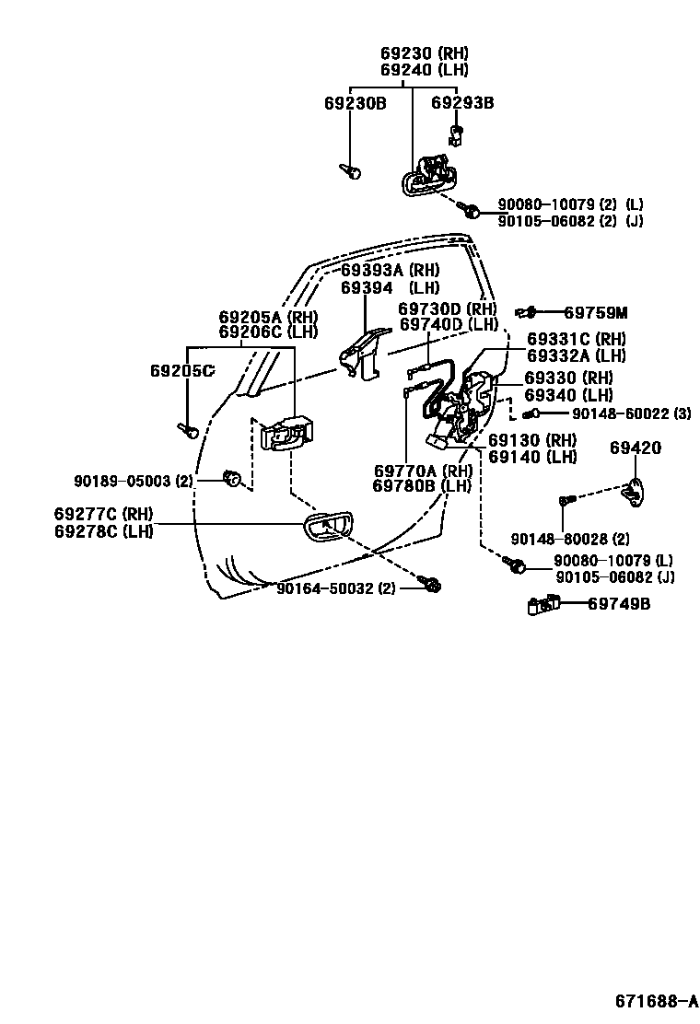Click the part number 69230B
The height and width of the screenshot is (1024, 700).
coord(355,103)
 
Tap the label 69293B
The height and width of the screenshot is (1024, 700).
coord(462,103)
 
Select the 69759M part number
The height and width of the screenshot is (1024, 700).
coord(595,312)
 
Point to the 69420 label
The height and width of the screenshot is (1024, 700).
coord(636,448)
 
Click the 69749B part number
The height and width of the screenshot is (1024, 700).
coord(619,604)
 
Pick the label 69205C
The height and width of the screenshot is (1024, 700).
coord(182,371)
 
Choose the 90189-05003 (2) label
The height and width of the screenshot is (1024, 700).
coord(134,480)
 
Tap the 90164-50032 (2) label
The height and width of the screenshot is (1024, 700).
coord(336,588)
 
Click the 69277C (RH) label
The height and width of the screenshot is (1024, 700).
coord(103,513)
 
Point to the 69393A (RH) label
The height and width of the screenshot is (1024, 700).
coord(390,270)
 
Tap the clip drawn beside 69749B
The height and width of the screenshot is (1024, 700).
coord(543,604)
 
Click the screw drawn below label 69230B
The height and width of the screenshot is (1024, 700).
coord(352,171)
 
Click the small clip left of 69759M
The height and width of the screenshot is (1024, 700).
coord(527,312)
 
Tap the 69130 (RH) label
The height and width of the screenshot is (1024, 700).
coord(532,440)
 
